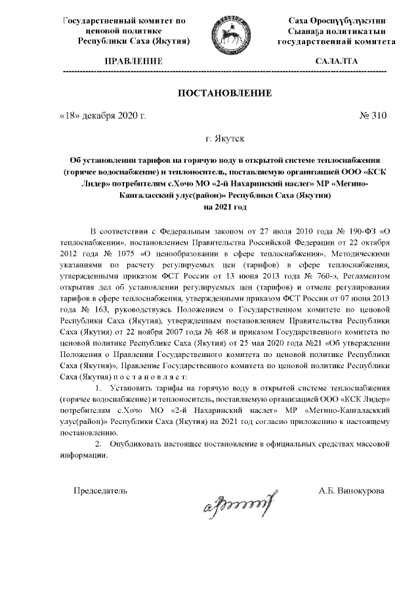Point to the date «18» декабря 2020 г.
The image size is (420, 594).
pos(102,116)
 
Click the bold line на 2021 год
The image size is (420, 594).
pos(226,206)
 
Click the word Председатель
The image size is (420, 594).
pos(100,490)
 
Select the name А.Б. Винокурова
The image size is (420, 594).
pos(352,490)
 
